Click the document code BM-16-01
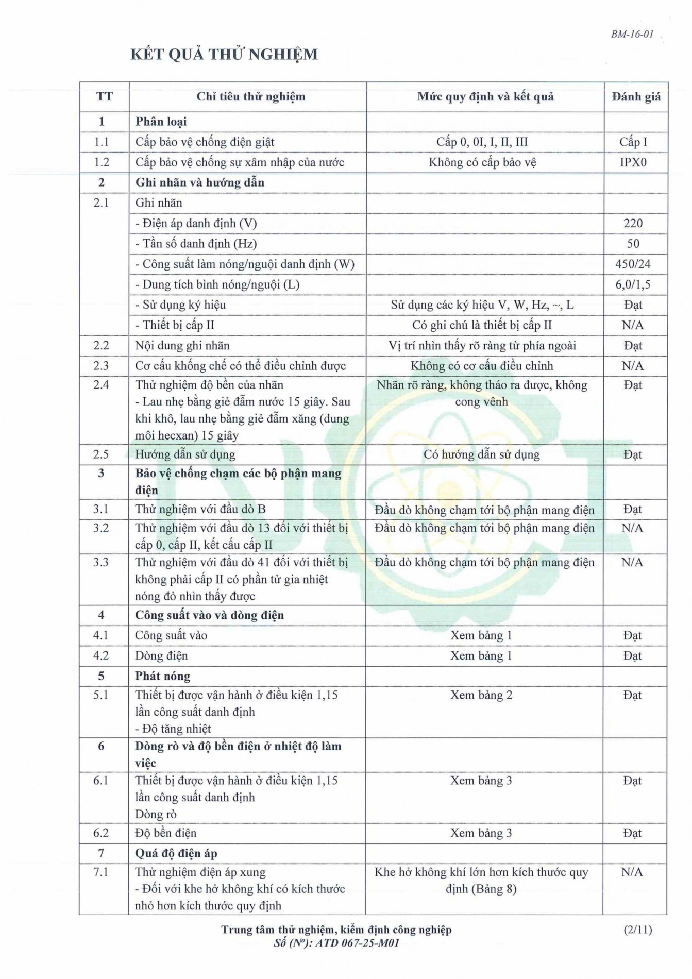632,35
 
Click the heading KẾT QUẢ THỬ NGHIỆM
224,54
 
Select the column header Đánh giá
636,97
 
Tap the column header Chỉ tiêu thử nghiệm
250,97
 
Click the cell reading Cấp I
633,142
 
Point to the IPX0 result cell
633,162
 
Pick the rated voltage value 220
633,223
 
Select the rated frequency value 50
633,244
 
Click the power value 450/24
633,264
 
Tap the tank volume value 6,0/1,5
633,284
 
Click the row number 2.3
101,366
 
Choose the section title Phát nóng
162,676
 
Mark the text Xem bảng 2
481,695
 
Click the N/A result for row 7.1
632,872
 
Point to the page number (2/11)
637,930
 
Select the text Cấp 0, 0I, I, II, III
482,142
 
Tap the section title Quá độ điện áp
176,853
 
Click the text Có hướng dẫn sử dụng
481,454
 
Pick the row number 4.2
101,656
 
